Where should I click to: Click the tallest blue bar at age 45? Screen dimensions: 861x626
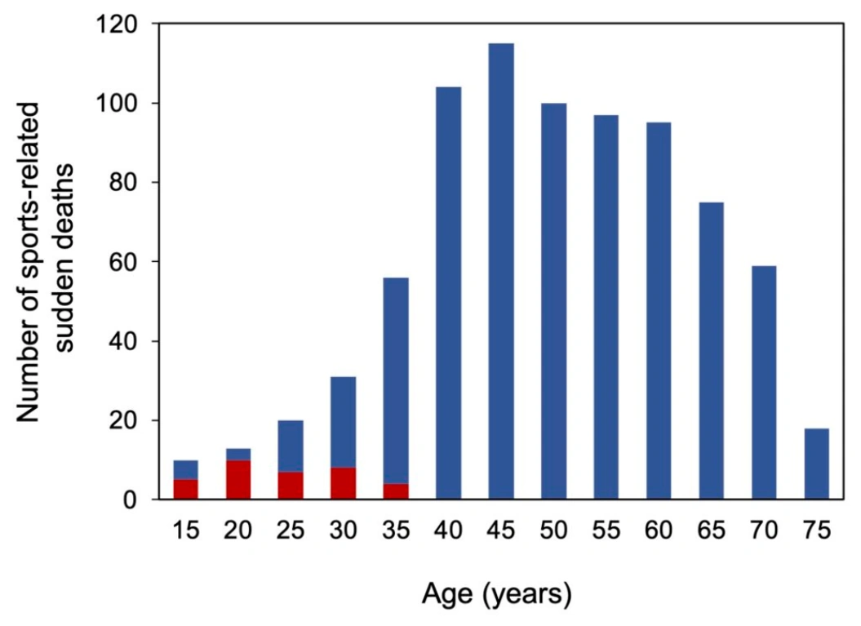click(x=501, y=271)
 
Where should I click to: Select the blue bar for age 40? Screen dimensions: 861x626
click(x=449, y=293)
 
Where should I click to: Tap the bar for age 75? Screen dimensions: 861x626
click(x=816, y=464)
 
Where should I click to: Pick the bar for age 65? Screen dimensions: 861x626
click(x=711, y=351)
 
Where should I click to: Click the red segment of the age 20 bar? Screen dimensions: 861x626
click(x=237, y=480)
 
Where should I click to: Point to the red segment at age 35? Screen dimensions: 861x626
click(x=396, y=491)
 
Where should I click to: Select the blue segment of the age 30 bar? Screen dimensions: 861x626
click(x=344, y=422)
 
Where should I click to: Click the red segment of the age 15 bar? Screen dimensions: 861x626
click(x=185, y=489)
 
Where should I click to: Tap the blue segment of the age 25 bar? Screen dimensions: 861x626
click(x=291, y=446)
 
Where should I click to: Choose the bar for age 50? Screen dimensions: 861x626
click(x=553, y=301)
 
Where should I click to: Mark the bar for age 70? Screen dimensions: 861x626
click(x=764, y=383)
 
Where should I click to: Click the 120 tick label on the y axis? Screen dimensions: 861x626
click(x=116, y=24)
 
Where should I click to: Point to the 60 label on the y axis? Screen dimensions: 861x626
click(x=123, y=262)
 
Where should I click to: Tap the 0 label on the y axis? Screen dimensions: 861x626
click(x=130, y=500)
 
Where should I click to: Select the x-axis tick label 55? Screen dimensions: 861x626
click(x=606, y=531)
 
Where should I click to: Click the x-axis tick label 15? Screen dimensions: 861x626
click(x=185, y=531)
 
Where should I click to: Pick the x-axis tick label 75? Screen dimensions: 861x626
click(x=817, y=531)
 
